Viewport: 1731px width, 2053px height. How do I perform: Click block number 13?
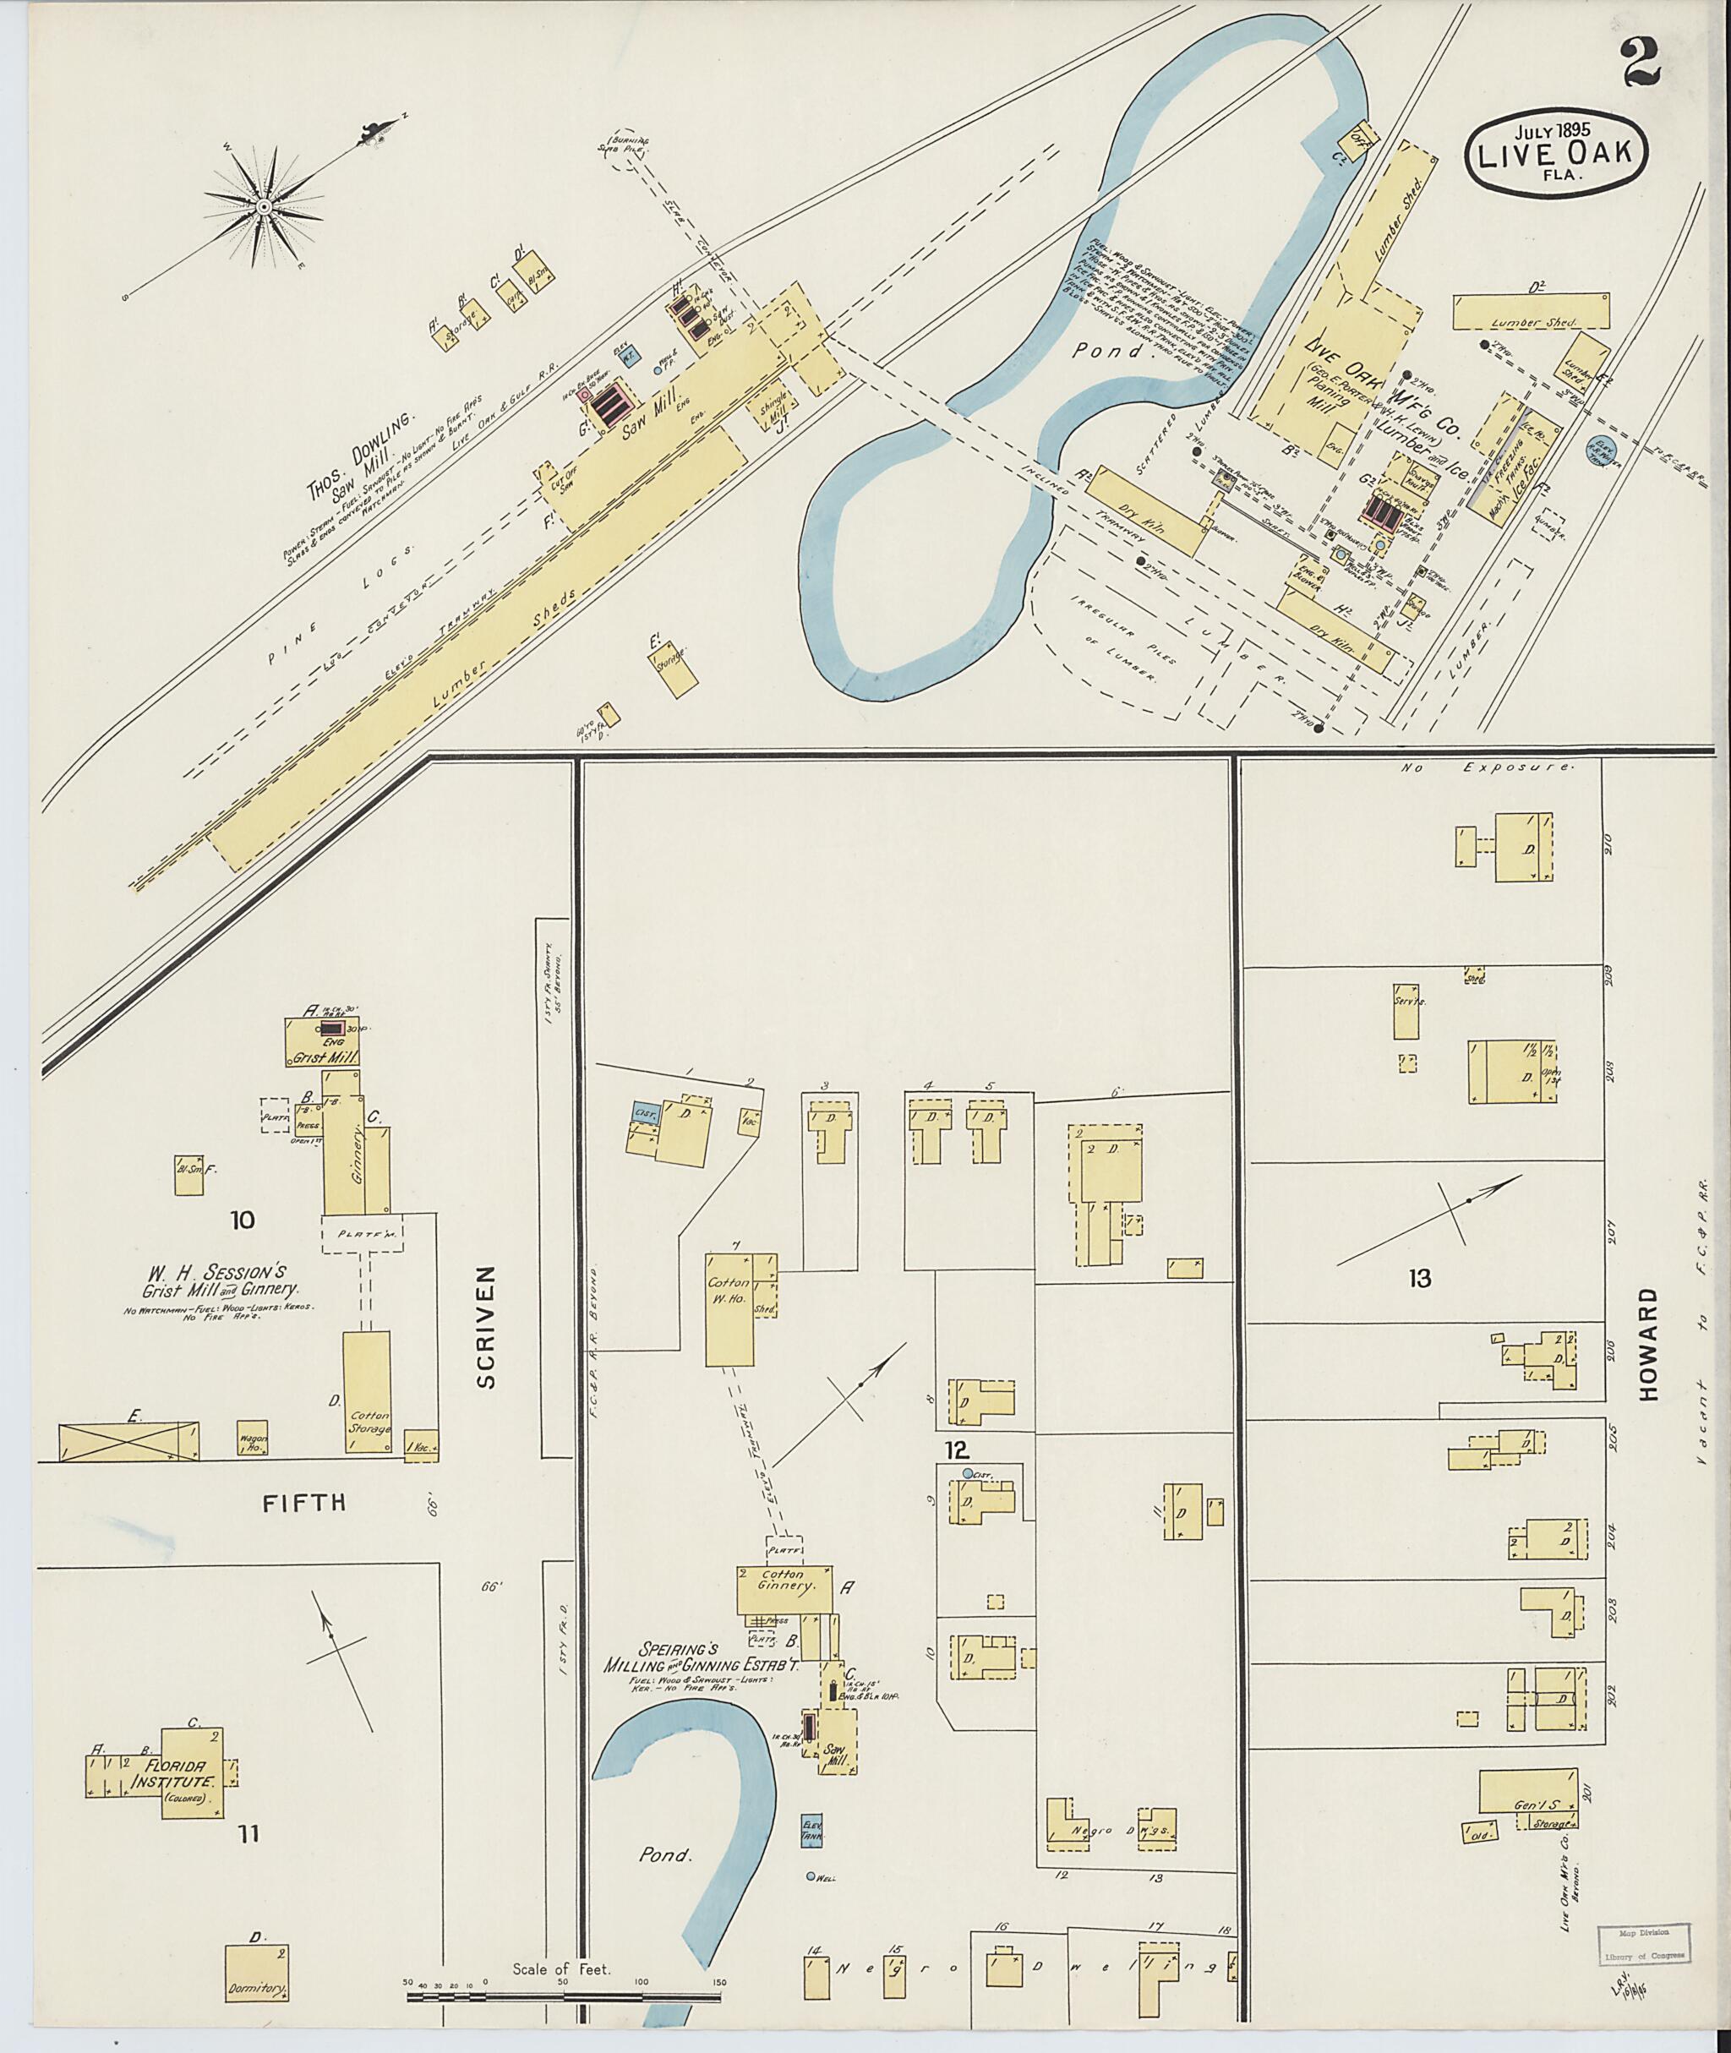1420,1278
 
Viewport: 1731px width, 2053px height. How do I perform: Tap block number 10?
243,1220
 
